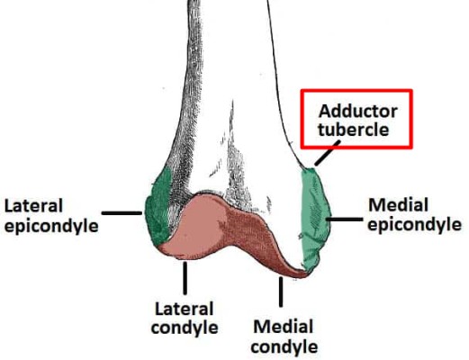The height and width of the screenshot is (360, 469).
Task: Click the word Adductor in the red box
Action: pos(358,112)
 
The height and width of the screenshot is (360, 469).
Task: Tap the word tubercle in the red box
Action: pos(354,130)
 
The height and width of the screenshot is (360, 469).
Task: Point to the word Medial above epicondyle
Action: pos(398,205)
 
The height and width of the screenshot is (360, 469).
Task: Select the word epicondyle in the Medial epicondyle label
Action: pos(415,224)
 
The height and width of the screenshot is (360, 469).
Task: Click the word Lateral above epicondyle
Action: pos(33,206)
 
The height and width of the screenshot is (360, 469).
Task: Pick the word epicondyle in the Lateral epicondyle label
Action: pos(51,226)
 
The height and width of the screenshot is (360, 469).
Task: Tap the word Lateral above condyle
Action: pos(185,309)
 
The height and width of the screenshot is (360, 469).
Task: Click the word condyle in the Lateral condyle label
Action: pos(185,328)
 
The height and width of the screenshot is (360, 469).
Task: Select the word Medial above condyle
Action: pos(284,327)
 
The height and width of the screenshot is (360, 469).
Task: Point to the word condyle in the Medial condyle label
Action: pos(284,346)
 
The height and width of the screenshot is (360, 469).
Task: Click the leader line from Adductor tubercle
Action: pos(328,153)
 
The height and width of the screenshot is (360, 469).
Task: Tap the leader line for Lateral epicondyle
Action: pos(122,213)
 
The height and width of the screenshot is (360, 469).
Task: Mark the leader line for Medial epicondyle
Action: pos(345,220)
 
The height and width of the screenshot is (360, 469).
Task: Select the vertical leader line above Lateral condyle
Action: pos(185,278)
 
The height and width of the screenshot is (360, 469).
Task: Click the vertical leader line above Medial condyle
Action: pos(281,292)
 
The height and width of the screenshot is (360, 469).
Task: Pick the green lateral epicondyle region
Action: pos(158,207)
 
